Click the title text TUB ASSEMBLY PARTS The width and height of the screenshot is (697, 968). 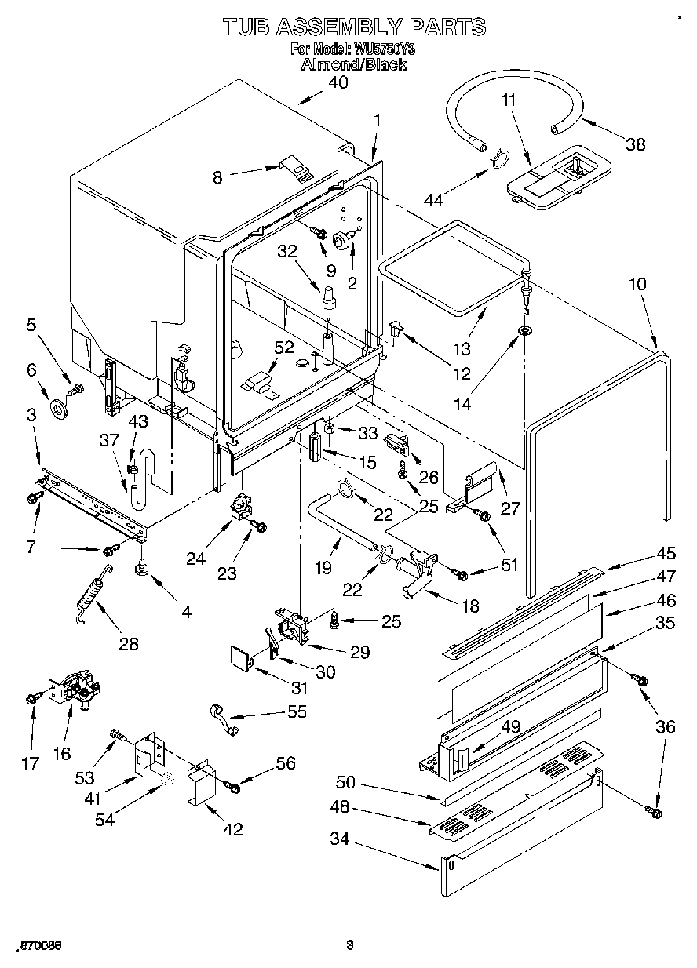354,27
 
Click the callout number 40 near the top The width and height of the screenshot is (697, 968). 338,83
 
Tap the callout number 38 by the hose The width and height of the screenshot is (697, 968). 635,144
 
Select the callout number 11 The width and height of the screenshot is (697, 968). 509,100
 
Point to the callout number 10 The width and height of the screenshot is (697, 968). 637,283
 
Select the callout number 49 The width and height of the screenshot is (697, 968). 511,727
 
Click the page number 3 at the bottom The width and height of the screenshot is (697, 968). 351,945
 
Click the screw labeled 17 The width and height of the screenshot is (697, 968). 33,697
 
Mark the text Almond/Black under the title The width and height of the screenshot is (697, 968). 353,65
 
